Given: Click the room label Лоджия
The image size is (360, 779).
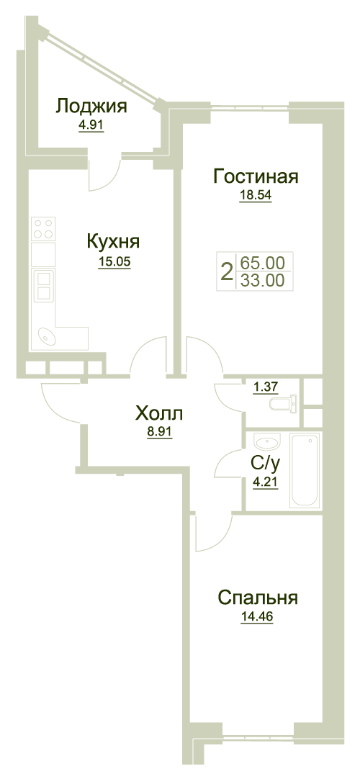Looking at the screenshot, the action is coord(91,107).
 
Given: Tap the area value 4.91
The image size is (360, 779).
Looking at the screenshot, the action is coord(91,125).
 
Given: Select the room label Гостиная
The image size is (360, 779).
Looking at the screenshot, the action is coord(256,176).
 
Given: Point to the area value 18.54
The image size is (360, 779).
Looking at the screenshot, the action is coord(256,195).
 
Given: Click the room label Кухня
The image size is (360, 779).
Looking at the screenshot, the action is coord(113,242).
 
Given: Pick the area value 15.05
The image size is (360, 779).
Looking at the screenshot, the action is coord(114,262).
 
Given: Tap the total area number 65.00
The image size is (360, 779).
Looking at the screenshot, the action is coord(262,261).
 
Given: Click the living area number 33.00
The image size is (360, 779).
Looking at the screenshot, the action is coord(262,281).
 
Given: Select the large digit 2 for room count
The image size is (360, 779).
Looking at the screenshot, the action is coord(227,271).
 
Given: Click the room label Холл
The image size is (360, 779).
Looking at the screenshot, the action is coord(159,413).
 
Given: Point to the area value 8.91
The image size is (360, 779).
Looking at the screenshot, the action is coord(159,432).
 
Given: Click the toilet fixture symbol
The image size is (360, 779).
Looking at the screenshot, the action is coord(284,403).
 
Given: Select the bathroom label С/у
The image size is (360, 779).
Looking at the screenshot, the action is coord(266,464).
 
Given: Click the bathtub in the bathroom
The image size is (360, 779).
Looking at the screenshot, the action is coord(305,470).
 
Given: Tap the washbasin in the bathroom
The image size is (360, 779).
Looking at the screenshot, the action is coord(267,441).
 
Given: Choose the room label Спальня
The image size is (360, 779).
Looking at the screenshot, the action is coord(258,598).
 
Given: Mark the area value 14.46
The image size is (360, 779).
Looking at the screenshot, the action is coord(257,617).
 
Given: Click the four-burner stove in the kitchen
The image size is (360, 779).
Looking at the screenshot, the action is coord(43,228).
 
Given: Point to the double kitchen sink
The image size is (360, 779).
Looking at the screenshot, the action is coord(42,286).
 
